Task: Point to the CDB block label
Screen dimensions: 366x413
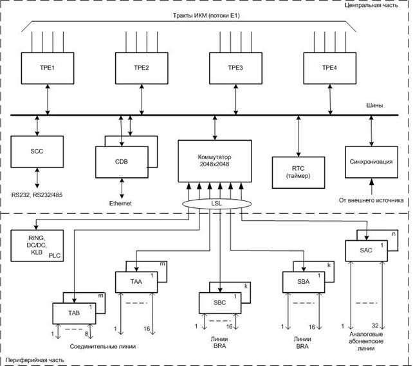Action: point(121,162)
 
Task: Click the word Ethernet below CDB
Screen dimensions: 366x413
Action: point(120,203)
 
